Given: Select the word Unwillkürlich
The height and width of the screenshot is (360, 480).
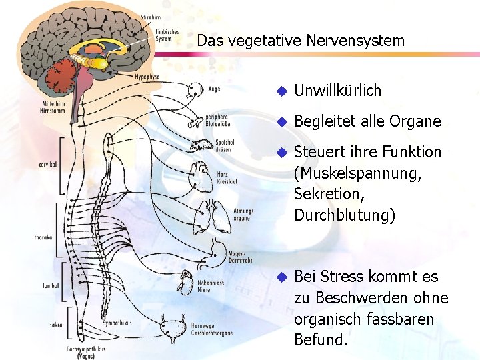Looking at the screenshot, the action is click(337, 90).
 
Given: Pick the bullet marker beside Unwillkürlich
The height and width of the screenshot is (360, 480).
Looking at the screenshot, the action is click(281, 91).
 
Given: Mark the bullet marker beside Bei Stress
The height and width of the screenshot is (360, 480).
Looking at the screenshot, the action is click(281, 277).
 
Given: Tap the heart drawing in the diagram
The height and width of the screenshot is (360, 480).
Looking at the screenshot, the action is click(200, 177).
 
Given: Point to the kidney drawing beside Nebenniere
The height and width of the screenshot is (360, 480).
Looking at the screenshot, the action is click(185, 285).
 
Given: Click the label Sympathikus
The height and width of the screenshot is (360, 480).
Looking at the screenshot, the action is click(117, 322).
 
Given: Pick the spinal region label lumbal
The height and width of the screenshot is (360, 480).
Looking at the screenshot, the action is click(51, 285).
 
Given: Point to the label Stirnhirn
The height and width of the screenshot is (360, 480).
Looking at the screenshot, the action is click(151, 17).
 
